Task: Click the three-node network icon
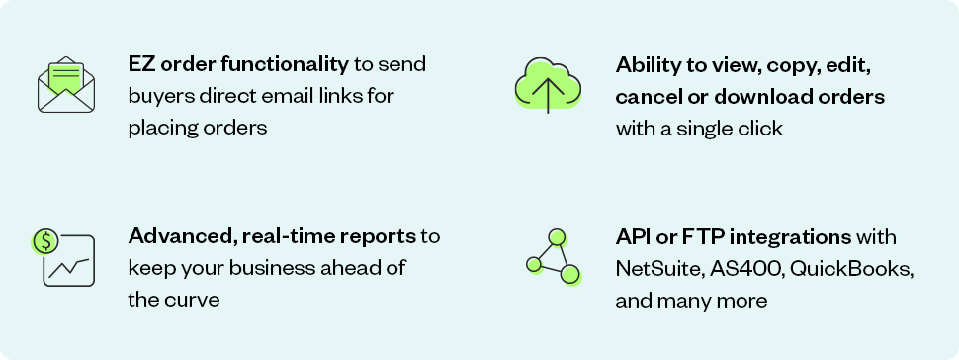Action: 554,257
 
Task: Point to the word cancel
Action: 644,97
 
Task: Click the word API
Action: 632,237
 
